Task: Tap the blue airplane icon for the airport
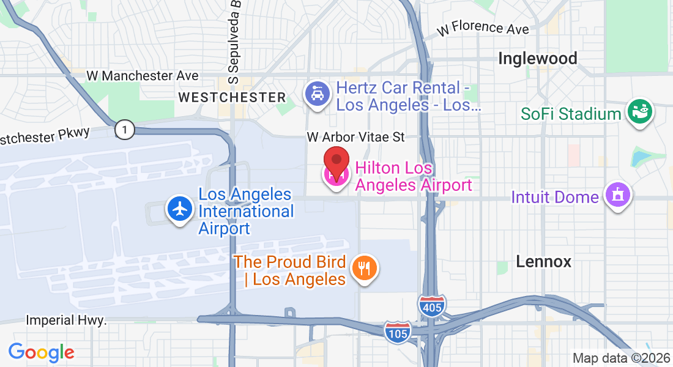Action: tap(179, 209)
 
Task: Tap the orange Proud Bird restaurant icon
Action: tap(365, 267)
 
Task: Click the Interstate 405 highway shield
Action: tap(433, 305)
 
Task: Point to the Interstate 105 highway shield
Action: tap(398, 331)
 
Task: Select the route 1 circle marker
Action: tap(124, 130)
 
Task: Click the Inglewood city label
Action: tap(538, 59)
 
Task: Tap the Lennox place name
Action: tap(543, 262)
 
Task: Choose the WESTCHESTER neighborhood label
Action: tap(232, 97)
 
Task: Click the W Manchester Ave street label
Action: tap(143, 76)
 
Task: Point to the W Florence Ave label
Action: tap(483, 29)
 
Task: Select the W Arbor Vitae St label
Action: tap(355, 137)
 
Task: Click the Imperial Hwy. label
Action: tap(66, 321)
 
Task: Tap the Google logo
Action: tap(41, 352)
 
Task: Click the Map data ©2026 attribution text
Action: tap(621, 358)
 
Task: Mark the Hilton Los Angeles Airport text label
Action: tap(414, 176)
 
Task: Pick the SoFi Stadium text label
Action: tap(571, 114)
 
